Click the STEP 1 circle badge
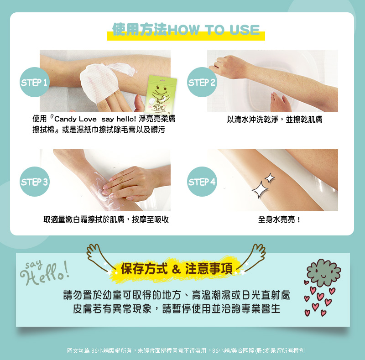(x=35, y=82)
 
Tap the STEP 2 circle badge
(x=202, y=82)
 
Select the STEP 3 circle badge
(x=35, y=182)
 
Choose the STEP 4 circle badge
(x=202, y=182)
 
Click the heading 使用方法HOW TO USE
(x=186, y=30)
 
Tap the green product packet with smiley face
(x=161, y=94)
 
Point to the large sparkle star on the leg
(x=260, y=189)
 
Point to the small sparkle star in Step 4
(x=270, y=178)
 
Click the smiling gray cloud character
(x=323, y=272)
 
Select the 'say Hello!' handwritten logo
(x=45, y=272)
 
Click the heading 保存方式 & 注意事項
(x=177, y=269)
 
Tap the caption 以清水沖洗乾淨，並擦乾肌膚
(x=275, y=120)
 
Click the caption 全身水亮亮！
(x=279, y=219)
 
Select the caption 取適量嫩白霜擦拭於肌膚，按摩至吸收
(x=106, y=219)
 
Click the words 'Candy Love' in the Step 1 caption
(x=75, y=119)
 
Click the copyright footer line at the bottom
(x=186, y=350)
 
